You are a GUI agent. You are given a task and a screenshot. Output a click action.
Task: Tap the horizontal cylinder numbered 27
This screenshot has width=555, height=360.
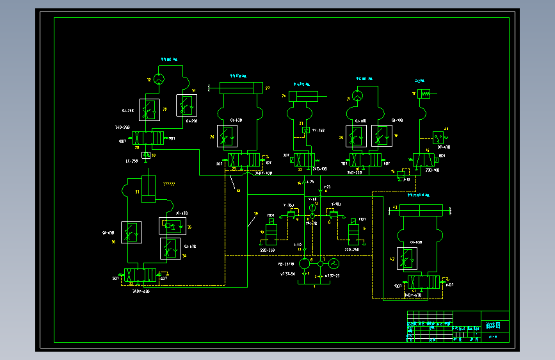(x=241, y=88)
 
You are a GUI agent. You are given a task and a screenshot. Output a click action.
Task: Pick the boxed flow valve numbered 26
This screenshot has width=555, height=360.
(x=227, y=135)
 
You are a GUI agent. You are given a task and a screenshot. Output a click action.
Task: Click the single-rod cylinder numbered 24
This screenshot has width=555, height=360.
(x=303, y=97)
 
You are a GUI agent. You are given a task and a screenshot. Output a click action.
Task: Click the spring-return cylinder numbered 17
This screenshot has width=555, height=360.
(x=426, y=94)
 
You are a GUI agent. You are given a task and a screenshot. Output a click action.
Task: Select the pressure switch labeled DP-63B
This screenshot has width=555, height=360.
(x=438, y=138)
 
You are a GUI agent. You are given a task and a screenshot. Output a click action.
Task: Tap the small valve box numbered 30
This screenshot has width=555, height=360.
(x=146, y=155)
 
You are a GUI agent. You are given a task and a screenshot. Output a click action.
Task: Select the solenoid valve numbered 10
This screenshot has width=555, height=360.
(x=271, y=233)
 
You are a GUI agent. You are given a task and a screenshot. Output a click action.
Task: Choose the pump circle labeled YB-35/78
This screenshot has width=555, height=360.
(x=304, y=263)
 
